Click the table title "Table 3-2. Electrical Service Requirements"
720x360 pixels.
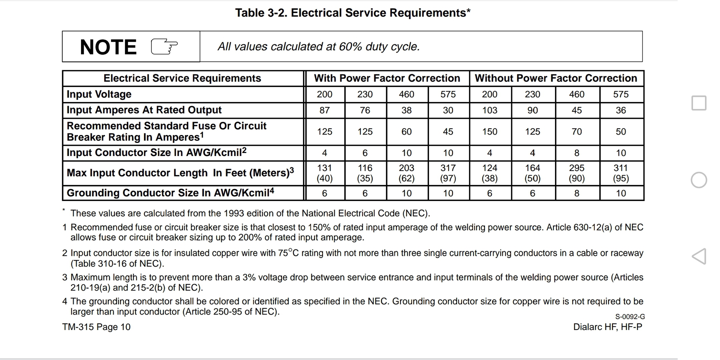[x=352, y=13]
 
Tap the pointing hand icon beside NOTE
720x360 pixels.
[x=164, y=47]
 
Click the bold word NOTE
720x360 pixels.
[x=108, y=47]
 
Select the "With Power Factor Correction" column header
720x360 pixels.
[x=387, y=78]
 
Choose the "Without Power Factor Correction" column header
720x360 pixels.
[x=556, y=78]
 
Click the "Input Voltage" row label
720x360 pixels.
[x=99, y=94]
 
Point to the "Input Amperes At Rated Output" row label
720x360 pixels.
[x=144, y=110]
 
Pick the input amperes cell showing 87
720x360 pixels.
[x=324, y=110]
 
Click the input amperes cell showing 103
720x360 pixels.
[x=489, y=110]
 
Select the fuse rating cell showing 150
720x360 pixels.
[x=489, y=132]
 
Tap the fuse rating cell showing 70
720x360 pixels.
[x=576, y=132]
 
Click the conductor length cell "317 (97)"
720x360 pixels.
[x=448, y=173]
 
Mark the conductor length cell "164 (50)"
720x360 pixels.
[x=532, y=173]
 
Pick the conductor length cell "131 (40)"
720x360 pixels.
[x=324, y=173]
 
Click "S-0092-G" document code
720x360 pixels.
[x=630, y=317]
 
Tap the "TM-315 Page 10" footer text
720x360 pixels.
[x=96, y=327]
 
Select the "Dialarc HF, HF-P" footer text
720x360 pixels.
[x=607, y=327]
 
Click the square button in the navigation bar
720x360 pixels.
[x=699, y=103]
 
